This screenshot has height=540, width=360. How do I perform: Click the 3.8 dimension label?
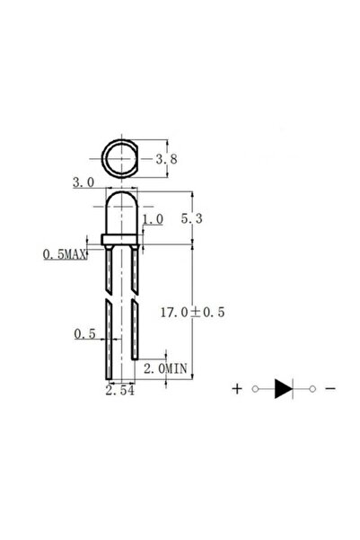coord(165,160)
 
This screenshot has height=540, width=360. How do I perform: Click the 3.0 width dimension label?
coord(83,182)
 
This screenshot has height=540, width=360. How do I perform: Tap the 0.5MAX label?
coord(65,256)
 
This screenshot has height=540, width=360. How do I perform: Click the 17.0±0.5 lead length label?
coord(191,313)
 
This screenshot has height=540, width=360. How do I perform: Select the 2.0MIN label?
coord(165,368)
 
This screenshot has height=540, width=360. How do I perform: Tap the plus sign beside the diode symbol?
coord(237,389)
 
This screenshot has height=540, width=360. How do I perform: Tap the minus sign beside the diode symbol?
coord(331,389)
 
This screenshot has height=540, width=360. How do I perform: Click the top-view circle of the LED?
coord(121,160)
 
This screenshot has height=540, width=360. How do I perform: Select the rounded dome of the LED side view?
coord(121,211)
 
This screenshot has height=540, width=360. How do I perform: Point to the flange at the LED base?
coord(121,239)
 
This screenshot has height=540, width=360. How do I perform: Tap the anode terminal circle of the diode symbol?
coord(256,389)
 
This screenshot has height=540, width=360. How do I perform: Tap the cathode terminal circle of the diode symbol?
coord(313,389)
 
